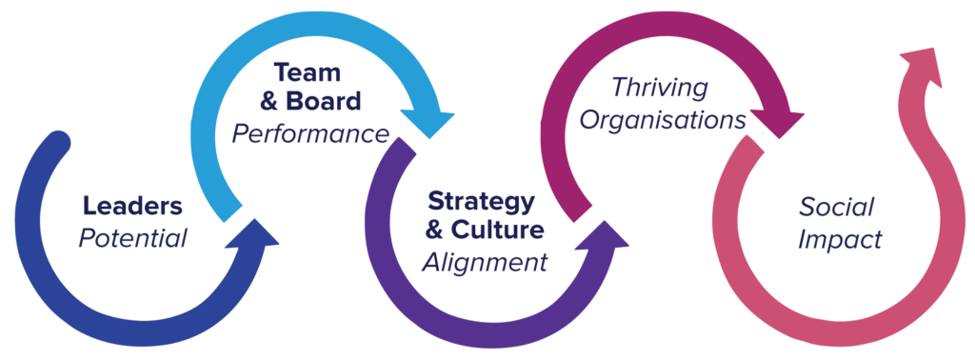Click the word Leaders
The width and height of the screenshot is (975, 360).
click(x=132, y=206)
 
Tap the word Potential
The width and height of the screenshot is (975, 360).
click(x=132, y=237)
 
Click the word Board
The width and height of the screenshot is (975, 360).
click(x=325, y=102)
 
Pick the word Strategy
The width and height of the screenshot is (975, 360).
click(x=482, y=202)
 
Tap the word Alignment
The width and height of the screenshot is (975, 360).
click(x=486, y=262)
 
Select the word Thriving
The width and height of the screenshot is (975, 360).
click(x=660, y=90)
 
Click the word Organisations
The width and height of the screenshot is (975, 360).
click(x=663, y=121)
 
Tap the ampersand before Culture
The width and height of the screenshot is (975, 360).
click(x=439, y=231)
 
